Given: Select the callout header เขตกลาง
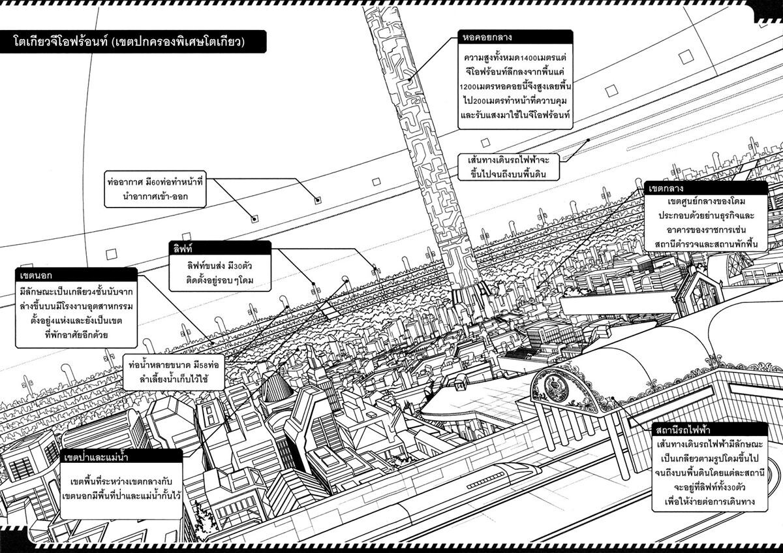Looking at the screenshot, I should [x=664, y=187].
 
